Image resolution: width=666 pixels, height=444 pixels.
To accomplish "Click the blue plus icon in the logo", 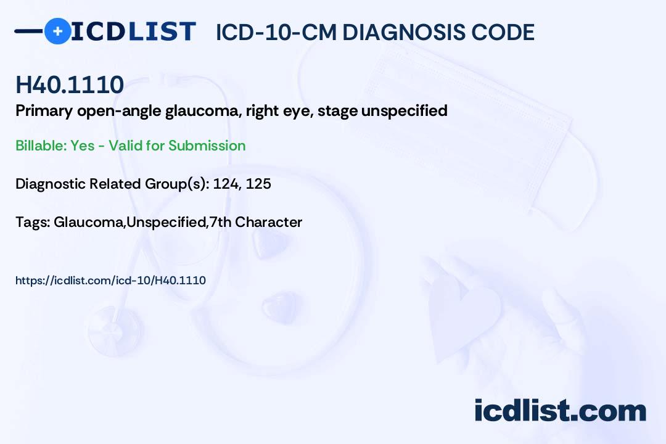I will tap(57, 31).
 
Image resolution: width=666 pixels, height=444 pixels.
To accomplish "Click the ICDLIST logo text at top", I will tap(133, 31).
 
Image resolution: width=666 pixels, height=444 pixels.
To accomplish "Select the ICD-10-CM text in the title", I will tap(276, 32).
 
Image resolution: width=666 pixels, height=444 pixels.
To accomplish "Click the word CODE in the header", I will tap(505, 32).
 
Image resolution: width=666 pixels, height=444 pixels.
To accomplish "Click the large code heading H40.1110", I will tap(70, 85).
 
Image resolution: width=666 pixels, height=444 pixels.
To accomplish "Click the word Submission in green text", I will tap(207, 146).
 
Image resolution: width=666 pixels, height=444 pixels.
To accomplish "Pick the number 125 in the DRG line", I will tap(258, 184).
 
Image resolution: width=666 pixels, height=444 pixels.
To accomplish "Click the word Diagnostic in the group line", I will tap(50, 184).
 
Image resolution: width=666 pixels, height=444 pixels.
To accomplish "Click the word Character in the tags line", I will tap(268, 222).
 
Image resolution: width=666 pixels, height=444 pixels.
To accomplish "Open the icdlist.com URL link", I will tap(110, 281).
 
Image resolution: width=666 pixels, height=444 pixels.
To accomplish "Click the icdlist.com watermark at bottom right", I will tap(560, 411).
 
